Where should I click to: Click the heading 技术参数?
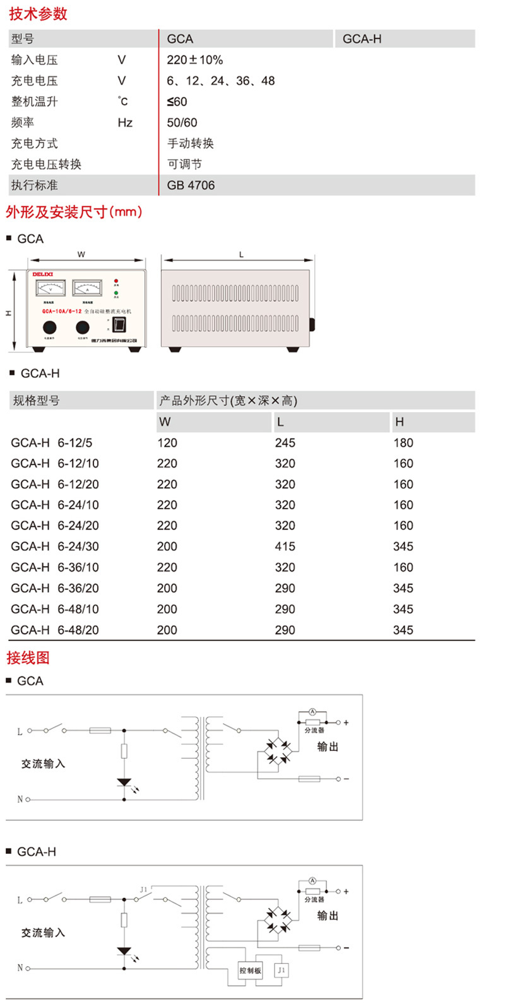38,13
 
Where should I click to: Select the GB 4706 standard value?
191,185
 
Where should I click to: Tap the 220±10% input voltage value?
194,60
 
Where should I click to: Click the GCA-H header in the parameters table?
362,38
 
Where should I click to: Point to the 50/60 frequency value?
182,122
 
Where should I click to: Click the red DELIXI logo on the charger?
44,275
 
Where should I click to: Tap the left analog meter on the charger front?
51,289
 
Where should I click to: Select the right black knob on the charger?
82,328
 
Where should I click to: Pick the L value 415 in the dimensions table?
285,546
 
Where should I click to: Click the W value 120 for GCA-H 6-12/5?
167,443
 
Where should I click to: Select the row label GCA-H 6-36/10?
55,567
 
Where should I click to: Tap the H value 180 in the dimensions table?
403,443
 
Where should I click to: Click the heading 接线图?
28,658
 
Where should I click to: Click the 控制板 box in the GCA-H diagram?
250,971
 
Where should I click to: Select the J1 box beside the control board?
281,971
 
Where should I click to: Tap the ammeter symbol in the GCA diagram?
312,712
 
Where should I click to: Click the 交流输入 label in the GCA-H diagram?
43,933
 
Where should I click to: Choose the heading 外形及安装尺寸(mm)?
74,212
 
